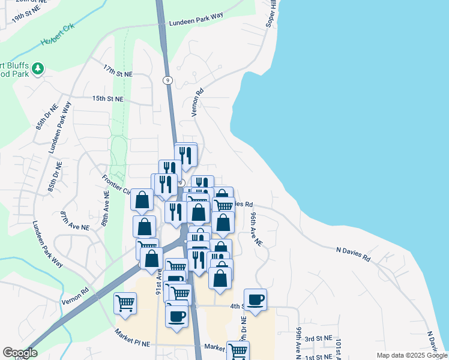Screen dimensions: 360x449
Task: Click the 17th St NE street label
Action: [x=117, y=70]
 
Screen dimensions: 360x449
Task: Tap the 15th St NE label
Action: [x=107, y=98]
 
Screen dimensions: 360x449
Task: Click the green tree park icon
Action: [x=38, y=69]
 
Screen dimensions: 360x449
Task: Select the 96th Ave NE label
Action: [x=256, y=229]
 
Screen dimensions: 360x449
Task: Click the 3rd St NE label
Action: [x=318, y=339]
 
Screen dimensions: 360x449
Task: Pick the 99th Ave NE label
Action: [x=298, y=340]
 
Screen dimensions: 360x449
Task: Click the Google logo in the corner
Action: [x=20, y=353]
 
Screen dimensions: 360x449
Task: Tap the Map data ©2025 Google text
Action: [x=411, y=355]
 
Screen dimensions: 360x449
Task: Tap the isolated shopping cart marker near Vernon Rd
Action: [x=125, y=302]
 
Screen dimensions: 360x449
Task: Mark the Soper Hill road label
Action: [x=271, y=13]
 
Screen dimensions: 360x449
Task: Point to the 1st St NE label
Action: [x=318, y=357]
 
